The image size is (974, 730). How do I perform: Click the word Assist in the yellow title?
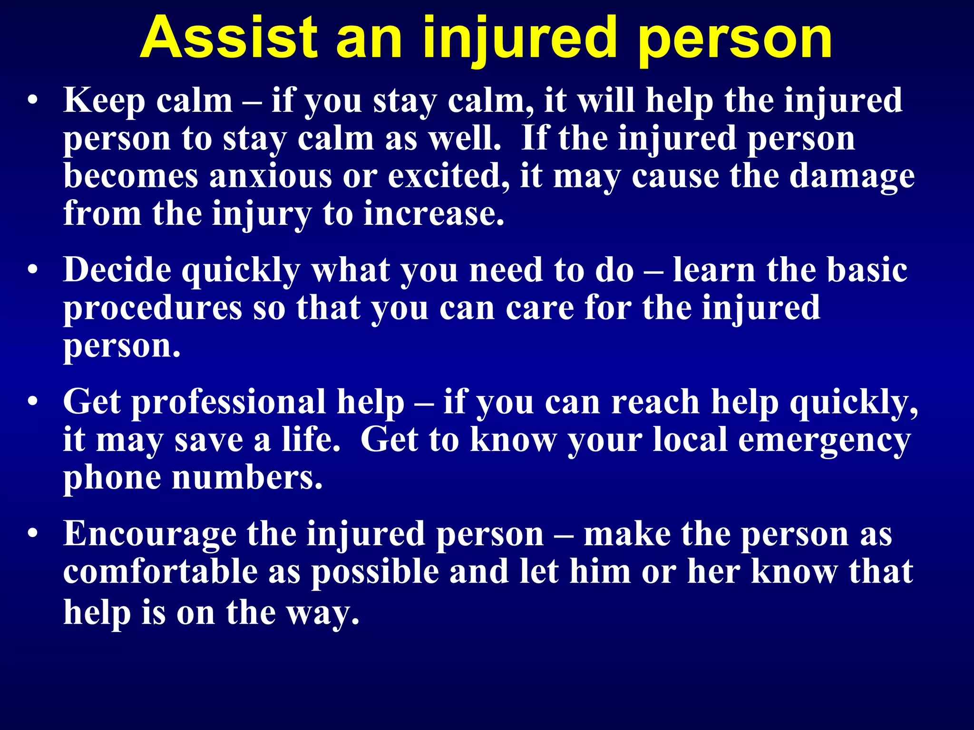tap(228, 38)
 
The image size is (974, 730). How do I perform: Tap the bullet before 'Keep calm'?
tap(32, 101)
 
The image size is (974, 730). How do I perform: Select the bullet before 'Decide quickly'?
tap(32, 270)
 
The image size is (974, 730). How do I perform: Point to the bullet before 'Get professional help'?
tap(32, 402)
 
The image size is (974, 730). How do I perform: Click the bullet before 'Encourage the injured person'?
tap(32, 534)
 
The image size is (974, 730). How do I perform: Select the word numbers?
tap(247, 477)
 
